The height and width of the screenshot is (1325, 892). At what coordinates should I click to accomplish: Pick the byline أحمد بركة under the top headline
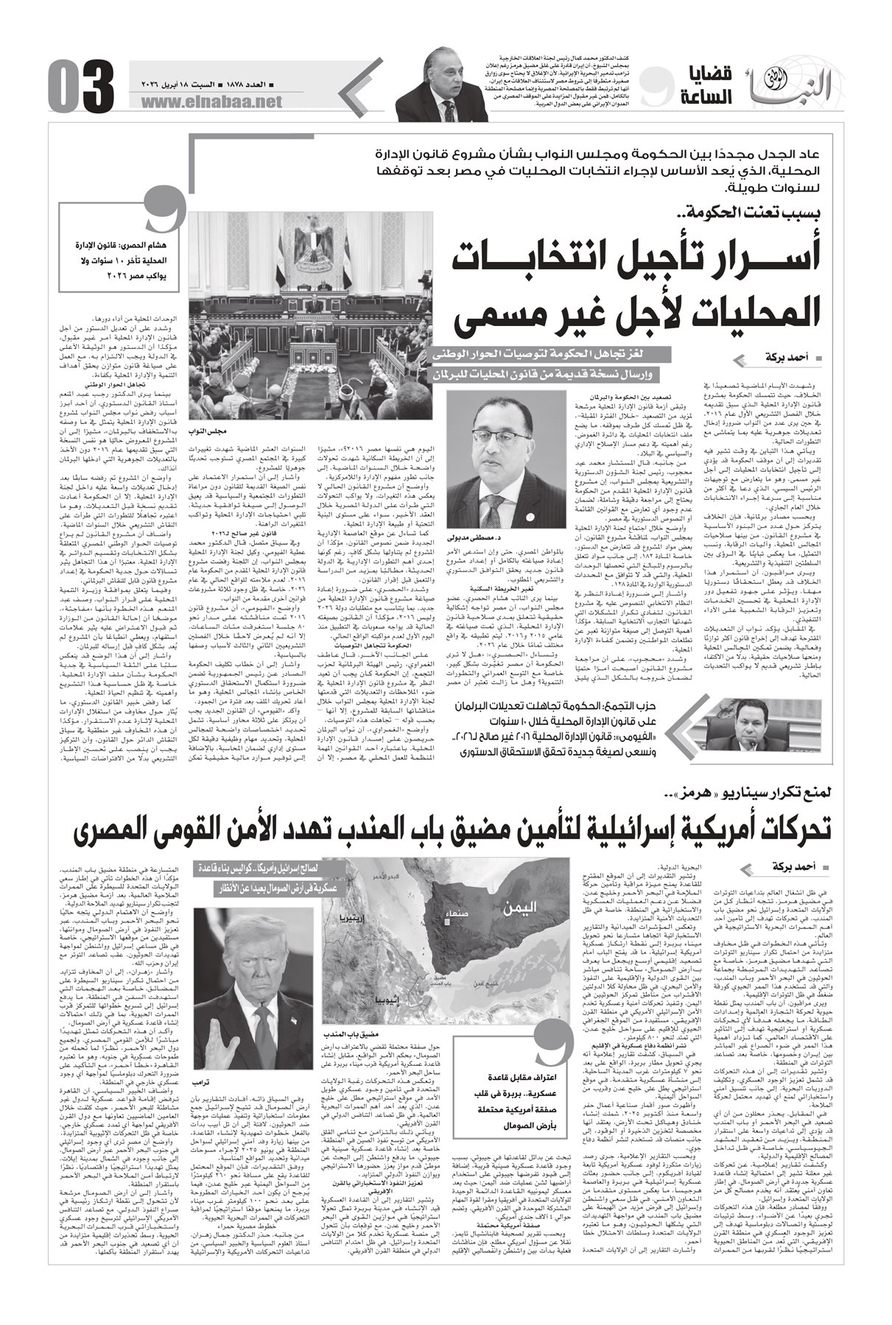click(767, 358)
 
